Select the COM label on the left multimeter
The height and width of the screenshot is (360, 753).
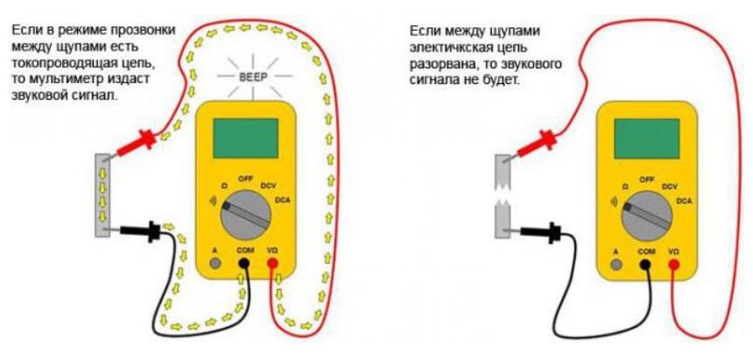244,251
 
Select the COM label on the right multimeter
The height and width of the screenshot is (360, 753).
646,251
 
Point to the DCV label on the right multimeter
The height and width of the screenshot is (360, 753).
672,186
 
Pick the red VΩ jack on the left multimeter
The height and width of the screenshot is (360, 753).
273,263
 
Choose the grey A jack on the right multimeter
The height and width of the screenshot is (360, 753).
616,263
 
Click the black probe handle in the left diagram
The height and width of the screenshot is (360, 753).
140,232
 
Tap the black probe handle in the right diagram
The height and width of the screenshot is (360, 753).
541,232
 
